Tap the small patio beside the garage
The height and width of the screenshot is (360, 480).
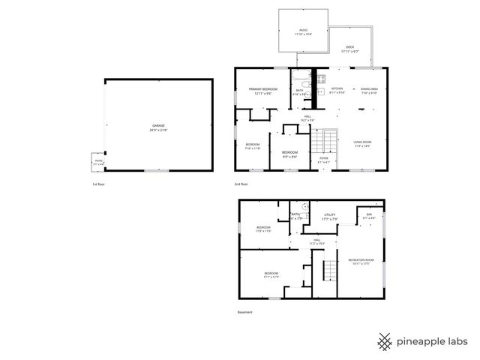98,163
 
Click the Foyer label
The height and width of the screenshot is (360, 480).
323,160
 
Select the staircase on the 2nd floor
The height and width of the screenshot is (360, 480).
323,140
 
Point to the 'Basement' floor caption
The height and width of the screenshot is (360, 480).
244,312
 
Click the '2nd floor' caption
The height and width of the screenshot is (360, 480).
241,183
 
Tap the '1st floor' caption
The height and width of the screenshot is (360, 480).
97,183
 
